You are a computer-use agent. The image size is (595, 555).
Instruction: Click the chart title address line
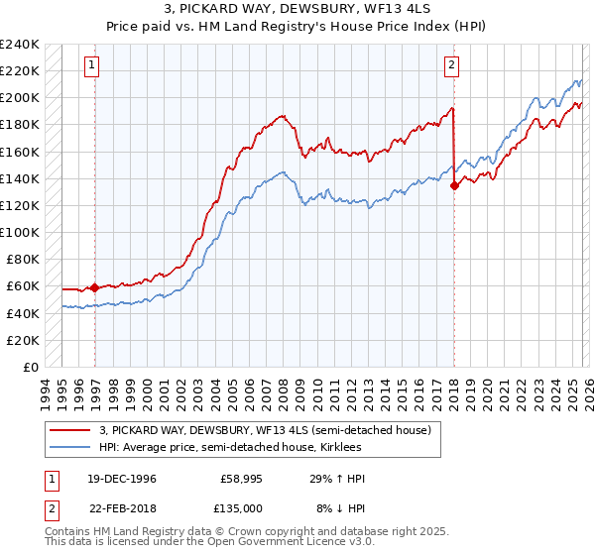tap(297, 9)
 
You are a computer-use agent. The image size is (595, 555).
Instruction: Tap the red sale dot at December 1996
tap(95, 287)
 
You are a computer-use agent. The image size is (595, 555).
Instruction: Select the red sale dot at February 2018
tap(454, 184)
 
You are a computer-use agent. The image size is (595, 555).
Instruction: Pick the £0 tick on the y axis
tap(32, 367)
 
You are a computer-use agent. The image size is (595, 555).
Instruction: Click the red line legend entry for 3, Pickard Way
tap(265, 431)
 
